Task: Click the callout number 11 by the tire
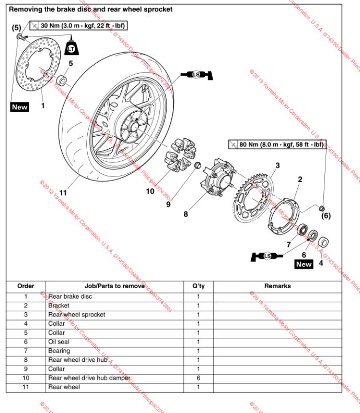tap(63, 193)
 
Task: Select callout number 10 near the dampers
tap(150, 191)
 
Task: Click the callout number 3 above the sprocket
tap(277, 166)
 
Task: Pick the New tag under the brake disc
tap(20, 107)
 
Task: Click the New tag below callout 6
tap(304, 264)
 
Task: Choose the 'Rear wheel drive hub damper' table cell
tap(89, 378)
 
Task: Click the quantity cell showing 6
tap(199, 378)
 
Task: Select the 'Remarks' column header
tap(277, 286)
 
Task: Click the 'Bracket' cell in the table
tap(59, 305)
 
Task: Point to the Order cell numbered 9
tap(26, 369)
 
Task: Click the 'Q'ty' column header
tap(199, 286)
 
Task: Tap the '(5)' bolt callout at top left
tap(17, 27)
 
